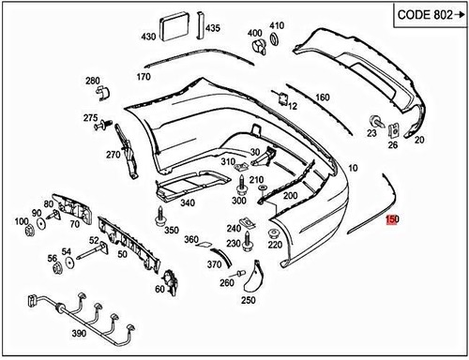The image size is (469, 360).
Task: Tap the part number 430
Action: pyautogui.click(x=148, y=37)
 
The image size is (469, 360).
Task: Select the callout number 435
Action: pyautogui.click(x=213, y=29)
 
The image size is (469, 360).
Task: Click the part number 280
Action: pyautogui.click(x=92, y=81)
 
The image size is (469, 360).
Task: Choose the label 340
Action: pyautogui.click(x=188, y=203)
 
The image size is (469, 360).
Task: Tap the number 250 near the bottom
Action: pyautogui.click(x=248, y=300)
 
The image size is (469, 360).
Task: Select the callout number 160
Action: pyautogui.click(x=322, y=97)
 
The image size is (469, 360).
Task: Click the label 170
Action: pyautogui.click(x=143, y=77)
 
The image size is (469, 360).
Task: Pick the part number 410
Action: pyautogui.click(x=277, y=25)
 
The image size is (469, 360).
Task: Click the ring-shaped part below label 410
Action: pyautogui.click(x=275, y=40)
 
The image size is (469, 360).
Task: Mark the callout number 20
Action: pyautogui.click(x=418, y=140)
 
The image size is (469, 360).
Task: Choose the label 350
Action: pyautogui.click(x=171, y=230)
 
